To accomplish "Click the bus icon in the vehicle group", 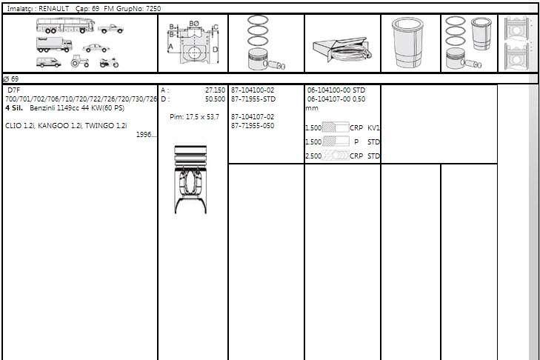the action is (65, 25).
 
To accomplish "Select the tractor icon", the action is (79, 61).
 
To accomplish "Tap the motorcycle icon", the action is (109, 62).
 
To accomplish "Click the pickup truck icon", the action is (110, 29).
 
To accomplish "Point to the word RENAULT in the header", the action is (54, 9).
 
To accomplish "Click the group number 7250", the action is (153, 9).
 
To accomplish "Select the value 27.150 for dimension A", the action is (215, 90).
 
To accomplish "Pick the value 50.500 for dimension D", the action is (215, 99).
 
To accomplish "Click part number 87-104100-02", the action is (253, 90).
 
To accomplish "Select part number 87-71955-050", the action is (253, 126).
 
